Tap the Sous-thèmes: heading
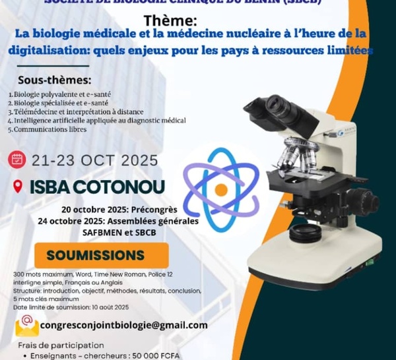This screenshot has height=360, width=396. [49, 80]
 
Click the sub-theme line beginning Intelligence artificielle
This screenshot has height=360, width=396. [96, 121]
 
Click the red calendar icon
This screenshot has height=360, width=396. [16, 160]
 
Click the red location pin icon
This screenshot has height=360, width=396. [17, 187]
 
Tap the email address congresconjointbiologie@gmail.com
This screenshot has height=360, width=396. [123, 325]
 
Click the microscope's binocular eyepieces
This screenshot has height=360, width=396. [270, 107]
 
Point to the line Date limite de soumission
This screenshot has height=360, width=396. [71, 307]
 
